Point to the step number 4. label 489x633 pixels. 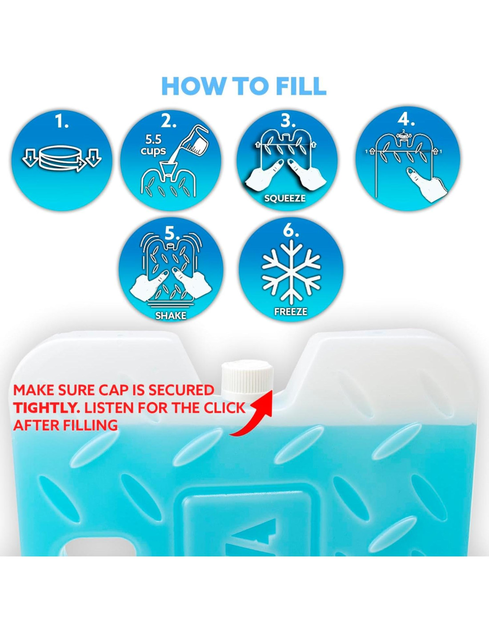pos(407,121)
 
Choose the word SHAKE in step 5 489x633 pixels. pos(171,316)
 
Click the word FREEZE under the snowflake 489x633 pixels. pos(291,312)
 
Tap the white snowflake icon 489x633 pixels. pos(291,271)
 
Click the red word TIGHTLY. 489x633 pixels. pos(47,408)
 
